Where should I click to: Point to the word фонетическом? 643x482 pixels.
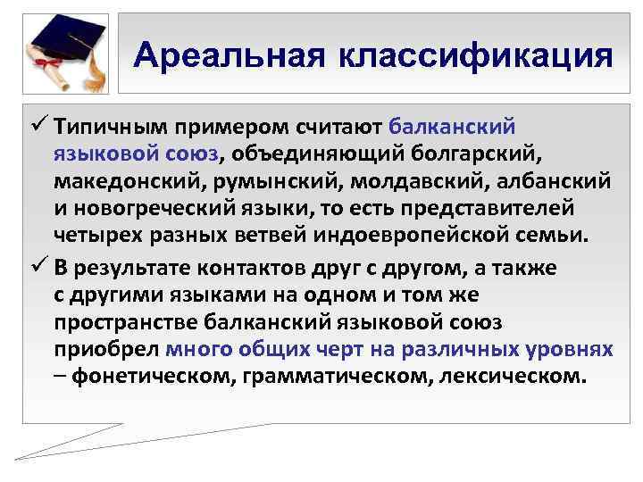[143, 377]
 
